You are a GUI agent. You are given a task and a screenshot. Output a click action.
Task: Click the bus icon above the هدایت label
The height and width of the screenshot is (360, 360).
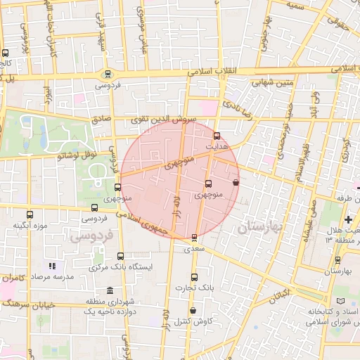pyautogui.click(x=216, y=136)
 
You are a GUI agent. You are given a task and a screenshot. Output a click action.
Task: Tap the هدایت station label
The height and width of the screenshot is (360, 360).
pyautogui.click(x=217, y=146)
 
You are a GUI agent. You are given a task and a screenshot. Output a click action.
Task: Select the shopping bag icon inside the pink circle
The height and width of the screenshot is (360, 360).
pyautogui.click(x=235, y=182)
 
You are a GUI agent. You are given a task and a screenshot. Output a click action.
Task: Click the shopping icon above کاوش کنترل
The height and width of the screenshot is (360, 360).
pyautogui.click(x=193, y=311)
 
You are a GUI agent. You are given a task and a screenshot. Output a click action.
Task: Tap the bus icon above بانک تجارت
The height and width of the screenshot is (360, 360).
pyautogui.click(x=195, y=277)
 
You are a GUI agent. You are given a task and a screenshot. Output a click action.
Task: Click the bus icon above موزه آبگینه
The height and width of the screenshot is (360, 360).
pyautogui.click(x=30, y=214)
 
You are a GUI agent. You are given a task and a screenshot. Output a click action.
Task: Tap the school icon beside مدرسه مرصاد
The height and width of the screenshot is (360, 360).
pyautogui.click(x=51, y=266)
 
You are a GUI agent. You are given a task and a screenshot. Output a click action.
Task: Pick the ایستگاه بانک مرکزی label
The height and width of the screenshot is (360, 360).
pyautogui.click(x=120, y=267)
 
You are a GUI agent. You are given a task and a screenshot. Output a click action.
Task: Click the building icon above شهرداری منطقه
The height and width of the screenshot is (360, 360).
pyautogui.click(x=109, y=290)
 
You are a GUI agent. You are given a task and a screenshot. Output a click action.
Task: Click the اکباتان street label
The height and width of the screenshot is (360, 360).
pyautogui.click(x=279, y=295)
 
